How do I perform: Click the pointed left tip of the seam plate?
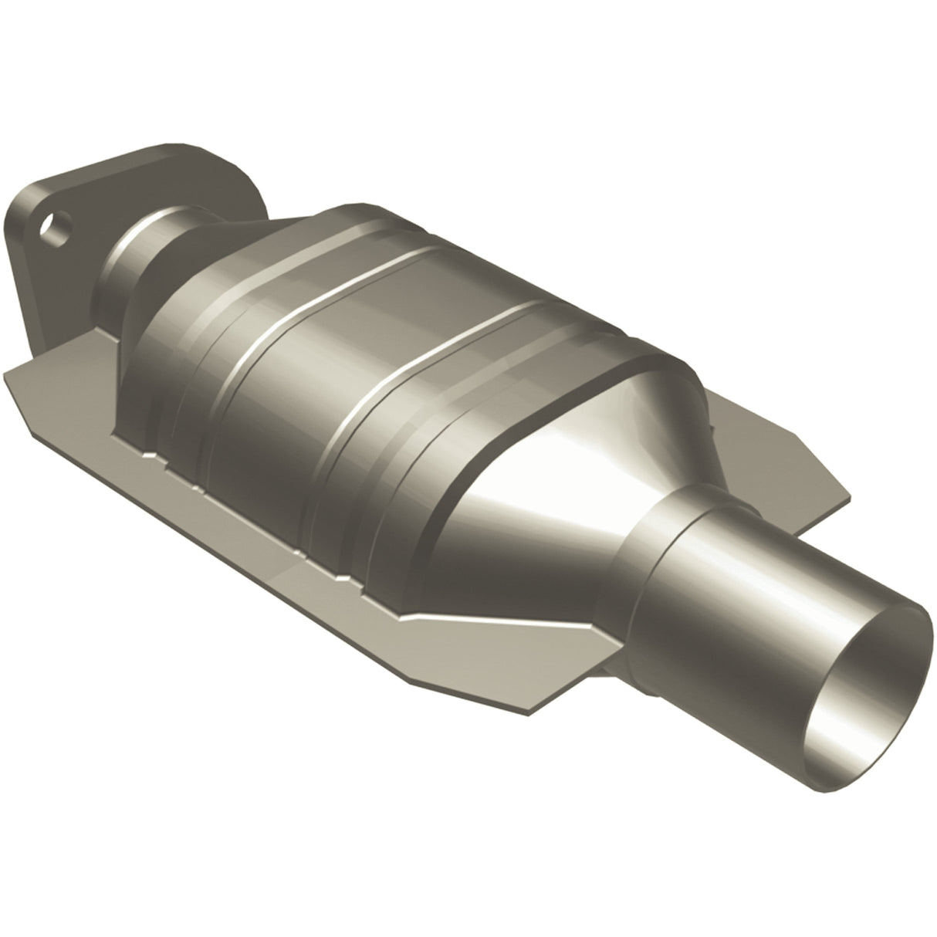pyautogui.click(x=9, y=375)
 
